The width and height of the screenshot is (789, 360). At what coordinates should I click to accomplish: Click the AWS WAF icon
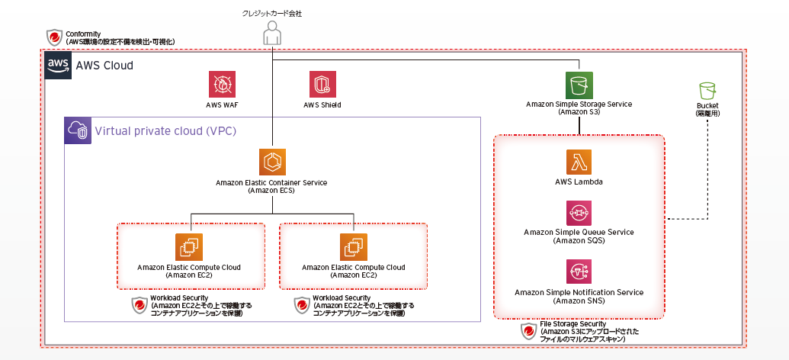pyautogui.click(x=222, y=85)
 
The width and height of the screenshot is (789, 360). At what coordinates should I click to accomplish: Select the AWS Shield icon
pyautogui.click(x=322, y=85)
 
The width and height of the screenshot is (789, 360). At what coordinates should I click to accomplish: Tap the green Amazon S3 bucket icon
pyautogui.click(x=579, y=85)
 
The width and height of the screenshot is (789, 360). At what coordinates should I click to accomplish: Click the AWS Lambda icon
pyautogui.click(x=579, y=162)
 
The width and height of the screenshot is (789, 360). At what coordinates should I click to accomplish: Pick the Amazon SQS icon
pyautogui.click(x=579, y=214)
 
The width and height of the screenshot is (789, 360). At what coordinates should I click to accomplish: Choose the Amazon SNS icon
pyautogui.click(x=579, y=272)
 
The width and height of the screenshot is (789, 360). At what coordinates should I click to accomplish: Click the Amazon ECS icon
pyautogui.click(x=271, y=162)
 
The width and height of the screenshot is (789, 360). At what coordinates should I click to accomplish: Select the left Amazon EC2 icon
pyautogui.click(x=189, y=247)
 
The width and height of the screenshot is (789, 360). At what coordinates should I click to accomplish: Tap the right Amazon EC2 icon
pyautogui.click(x=354, y=247)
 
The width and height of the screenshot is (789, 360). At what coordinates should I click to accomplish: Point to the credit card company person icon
pyautogui.click(x=271, y=33)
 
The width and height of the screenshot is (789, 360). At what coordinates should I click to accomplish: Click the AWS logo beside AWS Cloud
pyautogui.click(x=59, y=66)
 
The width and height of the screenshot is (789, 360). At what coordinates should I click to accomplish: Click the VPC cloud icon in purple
pyautogui.click(x=78, y=130)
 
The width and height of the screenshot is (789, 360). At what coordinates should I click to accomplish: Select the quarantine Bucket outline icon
pyautogui.click(x=707, y=90)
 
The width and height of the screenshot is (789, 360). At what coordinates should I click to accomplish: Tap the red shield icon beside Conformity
pyautogui.click(x=54, y=37)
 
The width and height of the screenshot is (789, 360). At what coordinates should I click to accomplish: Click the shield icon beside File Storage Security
pyautogui.click(x=528, y=331)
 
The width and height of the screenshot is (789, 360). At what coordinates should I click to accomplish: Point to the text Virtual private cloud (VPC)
pyautogui.click(x=165, y=131)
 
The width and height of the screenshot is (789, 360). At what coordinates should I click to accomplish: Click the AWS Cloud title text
pyautogui.click(x=104, y=66)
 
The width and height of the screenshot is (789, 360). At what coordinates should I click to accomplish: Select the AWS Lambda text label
pyautogui.click(x=579, y=182)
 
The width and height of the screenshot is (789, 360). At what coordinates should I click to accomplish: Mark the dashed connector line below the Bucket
pyautogui.click(x=707, y=168)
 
